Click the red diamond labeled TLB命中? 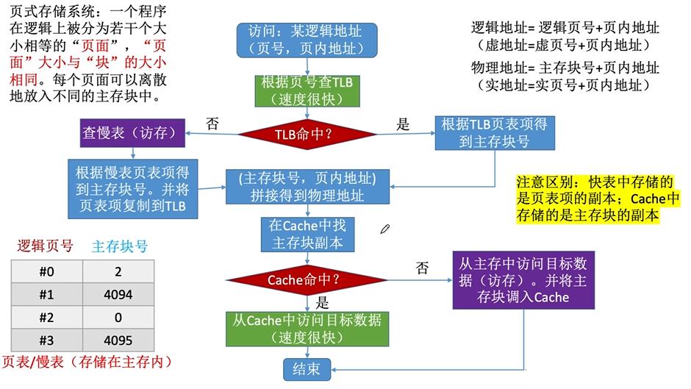pyautogui.click(x=307, y=135)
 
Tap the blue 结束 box pyautogui.click(x=307, y=369)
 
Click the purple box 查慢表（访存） pyautogui.click(x=132, y=134)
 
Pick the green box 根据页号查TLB pyautogui.click(x=307, y=90)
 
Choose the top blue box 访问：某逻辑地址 pyautogui.click(x=307, y=40)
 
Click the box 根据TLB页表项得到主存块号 pyautogui.click(x=494, y=133)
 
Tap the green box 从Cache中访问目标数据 pyautogui.click(x=307, y=329)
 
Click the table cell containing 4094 pyautogui.click(x=118, y=296)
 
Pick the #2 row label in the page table pyautogui.click(x=46, y=318)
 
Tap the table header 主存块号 pyautogui.click(x=119, y=246)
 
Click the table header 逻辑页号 pyautogui.click(x=46, y=246)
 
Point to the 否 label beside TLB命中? pyautogui.click(x=212, y=124)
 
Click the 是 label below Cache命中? pyautogui.click(x=321, y=302)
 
